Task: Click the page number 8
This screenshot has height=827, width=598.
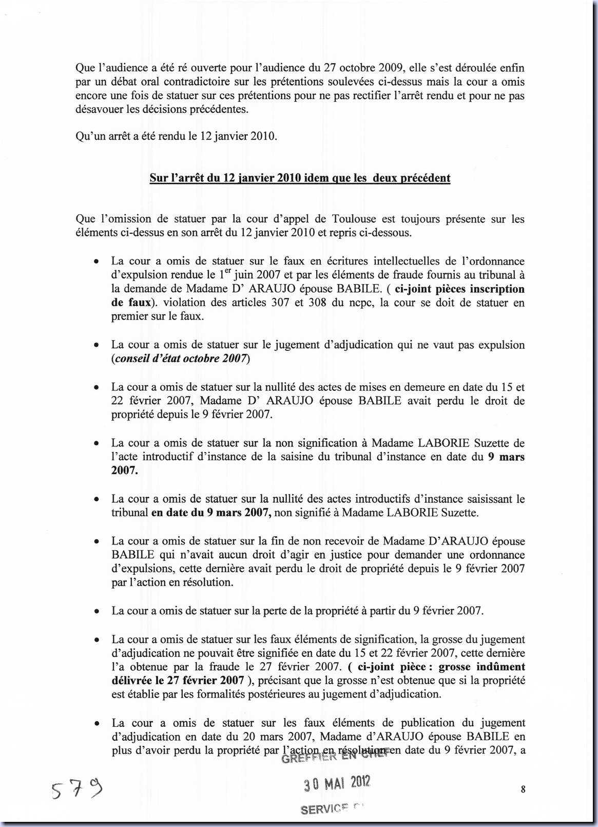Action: [x=523, y=790]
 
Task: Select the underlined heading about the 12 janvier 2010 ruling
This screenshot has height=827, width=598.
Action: [x=300, y=178]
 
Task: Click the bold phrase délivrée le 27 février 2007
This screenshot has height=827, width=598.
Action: [x=178, y=681]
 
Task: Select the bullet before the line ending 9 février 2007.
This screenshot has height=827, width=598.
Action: [x=96, y=611]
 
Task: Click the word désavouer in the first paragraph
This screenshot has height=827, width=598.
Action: [x=100, y=109]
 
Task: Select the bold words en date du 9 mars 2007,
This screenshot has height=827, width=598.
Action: [x=211, y=512]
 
